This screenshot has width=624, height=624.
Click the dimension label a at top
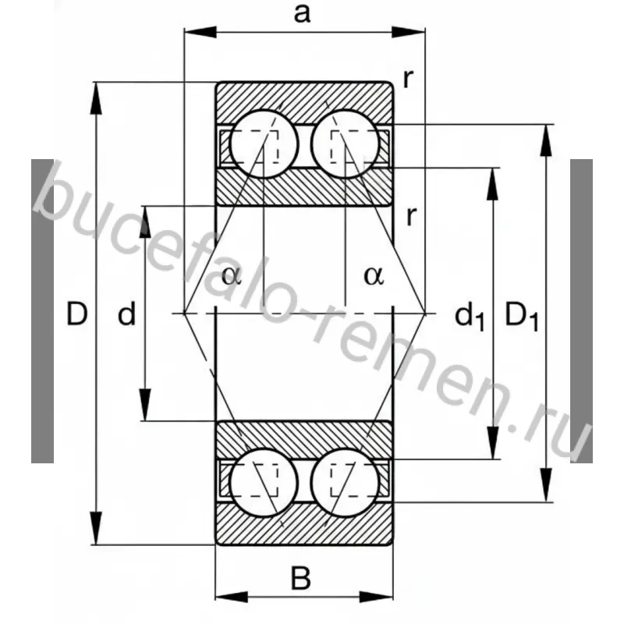click(303, 14)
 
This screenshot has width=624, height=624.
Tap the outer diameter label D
click(76, 314)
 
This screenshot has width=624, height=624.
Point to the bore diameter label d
click(126, 315)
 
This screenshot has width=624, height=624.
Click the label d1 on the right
click(470, 315)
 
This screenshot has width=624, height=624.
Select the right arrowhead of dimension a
click(417, 32)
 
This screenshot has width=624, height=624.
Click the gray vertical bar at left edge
click(43, 312)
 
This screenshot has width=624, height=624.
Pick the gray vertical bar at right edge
click(581, 312)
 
